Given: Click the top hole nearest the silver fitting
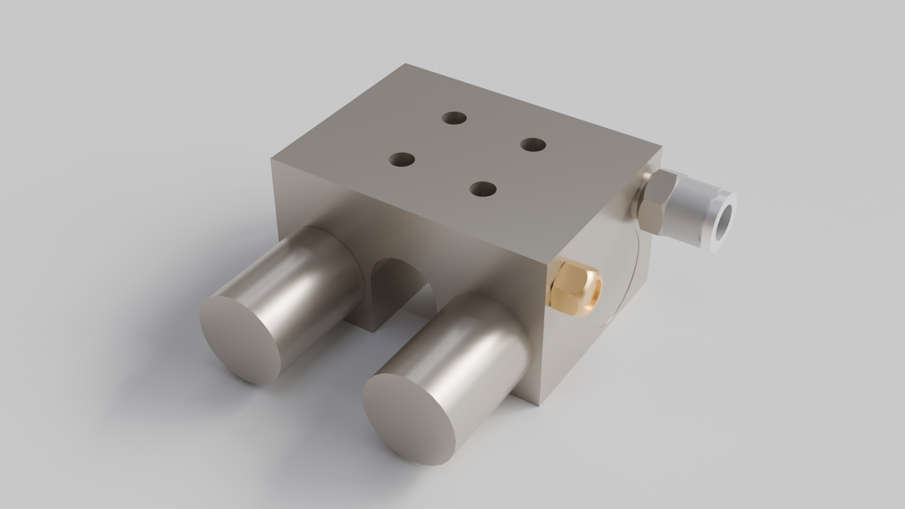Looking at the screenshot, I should (x=533, y=144).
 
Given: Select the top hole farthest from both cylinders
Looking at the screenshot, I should (x=454, y=118).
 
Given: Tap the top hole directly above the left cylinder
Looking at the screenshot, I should (x=402, y=160).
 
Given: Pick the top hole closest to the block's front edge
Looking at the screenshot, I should (x=483, y=189).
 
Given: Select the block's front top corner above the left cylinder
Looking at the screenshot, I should (x=272, y=159).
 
